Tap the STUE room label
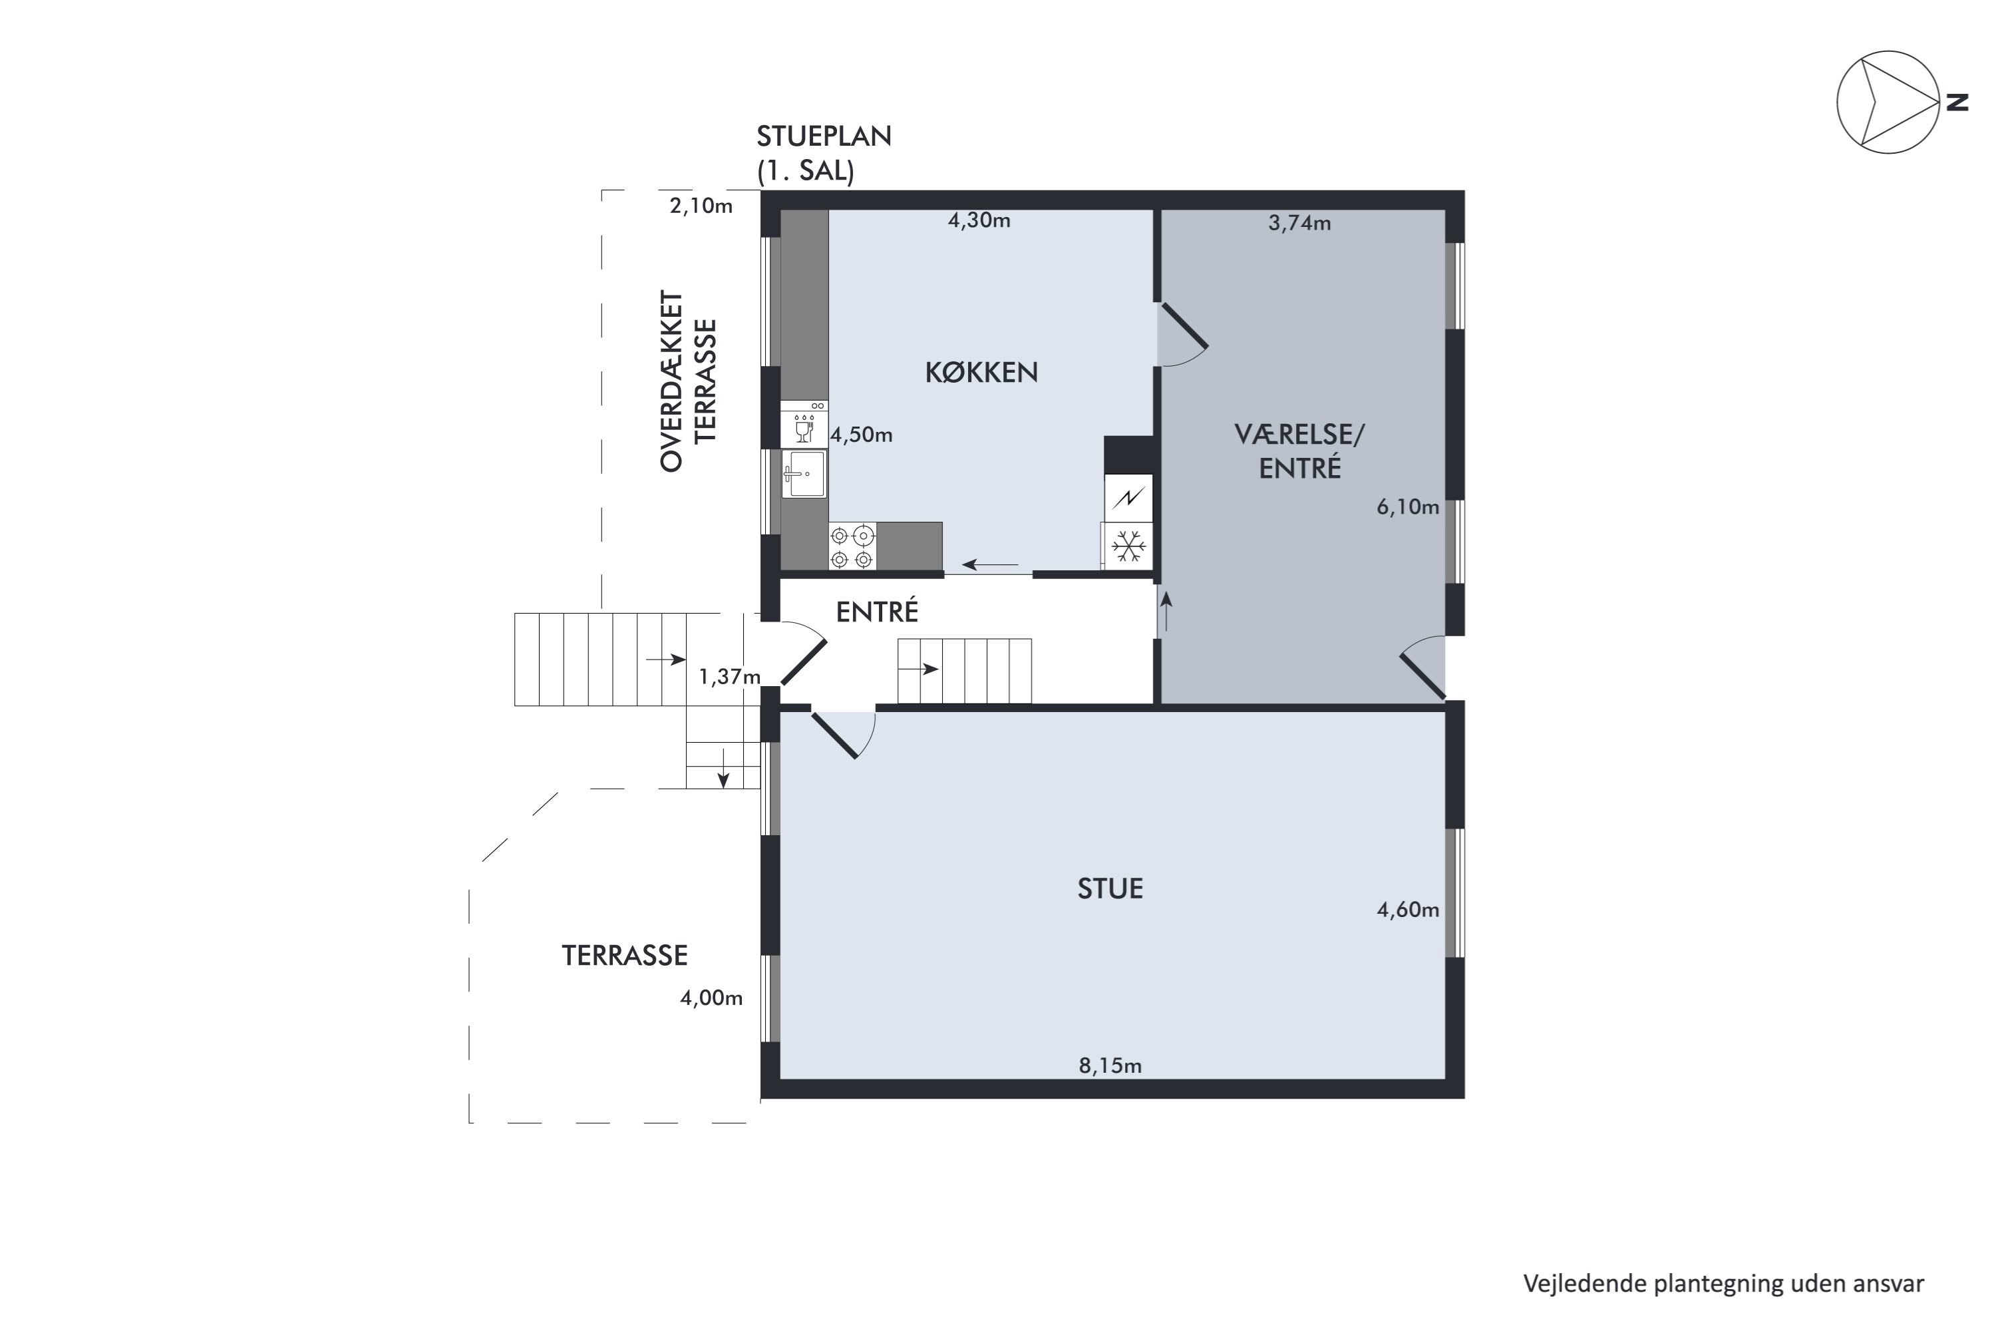pos(1110,888)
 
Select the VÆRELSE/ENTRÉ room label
pos(1299,451)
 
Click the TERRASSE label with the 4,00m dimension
pos(625,956)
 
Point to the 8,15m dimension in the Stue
pos(1110,1065)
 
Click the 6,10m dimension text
pos(1408,506)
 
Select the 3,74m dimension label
pos(1299,222)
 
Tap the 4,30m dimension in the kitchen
pos(979,220)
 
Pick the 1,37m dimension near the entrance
pos(729,677)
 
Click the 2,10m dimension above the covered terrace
pos(701,206)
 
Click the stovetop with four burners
pos(852,546)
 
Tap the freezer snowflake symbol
pos(1128,546)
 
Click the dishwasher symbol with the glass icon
pos(804,425)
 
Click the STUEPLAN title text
pos(824,136)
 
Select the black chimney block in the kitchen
pos(1128,455)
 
